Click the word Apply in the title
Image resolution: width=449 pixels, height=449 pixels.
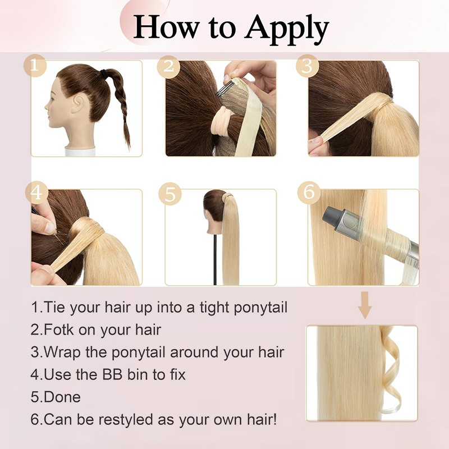[x=286, y=29]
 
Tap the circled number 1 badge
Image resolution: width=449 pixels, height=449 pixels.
[x=35, y=66]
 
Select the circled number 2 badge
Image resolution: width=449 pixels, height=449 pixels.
[x=168, y=67]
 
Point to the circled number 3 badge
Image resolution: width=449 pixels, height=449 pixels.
[x=307, y=66]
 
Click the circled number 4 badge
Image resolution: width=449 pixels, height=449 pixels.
[x=36, y=193]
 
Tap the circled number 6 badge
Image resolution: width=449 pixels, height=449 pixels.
[x=309, y=193]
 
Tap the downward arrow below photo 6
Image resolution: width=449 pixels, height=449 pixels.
[x=364, y=305]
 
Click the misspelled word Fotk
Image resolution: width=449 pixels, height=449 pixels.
[x=59, y=330]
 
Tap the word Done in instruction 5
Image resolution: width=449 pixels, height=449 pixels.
[x=62, y=397]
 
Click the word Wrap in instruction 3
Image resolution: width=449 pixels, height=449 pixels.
[x=62, y=353]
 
